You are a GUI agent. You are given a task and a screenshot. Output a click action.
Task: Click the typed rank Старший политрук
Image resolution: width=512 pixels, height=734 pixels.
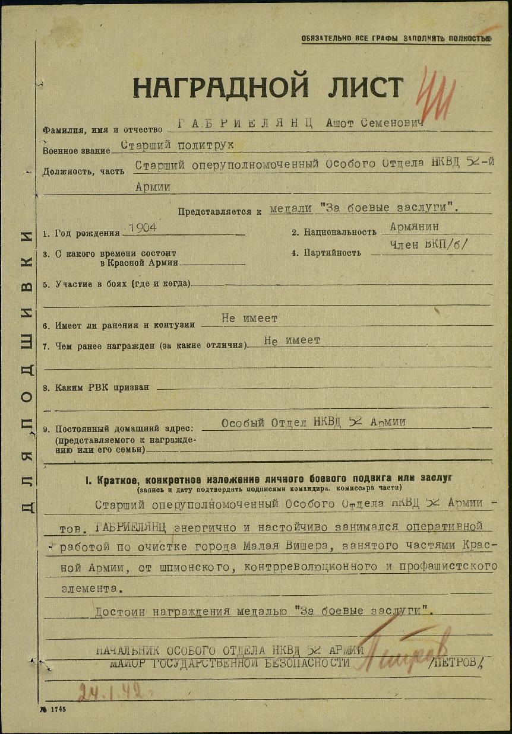coord(176,145)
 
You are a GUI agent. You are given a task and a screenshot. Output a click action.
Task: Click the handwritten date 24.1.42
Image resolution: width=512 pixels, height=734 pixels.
coord(112,691)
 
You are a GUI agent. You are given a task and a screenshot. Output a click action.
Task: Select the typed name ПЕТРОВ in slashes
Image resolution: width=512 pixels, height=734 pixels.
coord(460,663)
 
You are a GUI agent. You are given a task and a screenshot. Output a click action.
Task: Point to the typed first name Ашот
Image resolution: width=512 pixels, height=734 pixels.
coord(341,123)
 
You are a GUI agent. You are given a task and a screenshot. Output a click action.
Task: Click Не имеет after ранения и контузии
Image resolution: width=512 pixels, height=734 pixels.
coord(249,319)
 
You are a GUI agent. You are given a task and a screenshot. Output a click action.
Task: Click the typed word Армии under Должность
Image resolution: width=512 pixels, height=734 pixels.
coord(153,186)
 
